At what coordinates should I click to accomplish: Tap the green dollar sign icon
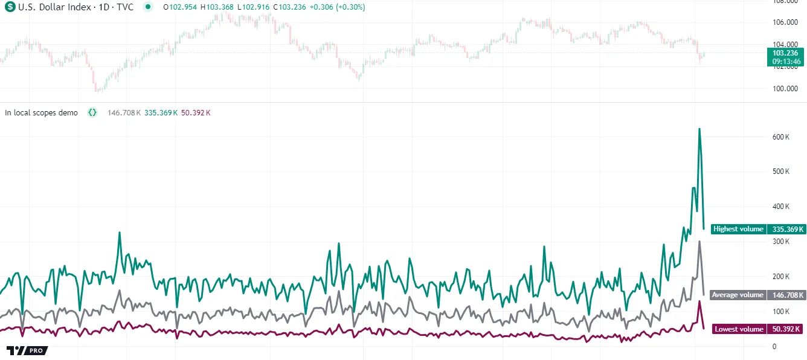10,7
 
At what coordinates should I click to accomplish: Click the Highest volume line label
738,229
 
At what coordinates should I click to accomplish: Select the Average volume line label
738,295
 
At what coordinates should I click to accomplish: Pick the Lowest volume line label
739,329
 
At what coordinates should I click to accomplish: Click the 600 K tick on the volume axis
781,137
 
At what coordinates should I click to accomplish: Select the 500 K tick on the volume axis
781,172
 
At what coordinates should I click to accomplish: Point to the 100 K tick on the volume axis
781,311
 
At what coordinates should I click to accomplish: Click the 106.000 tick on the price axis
785,22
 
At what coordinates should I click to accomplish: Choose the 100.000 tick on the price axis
785,89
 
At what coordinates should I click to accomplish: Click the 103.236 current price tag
786,53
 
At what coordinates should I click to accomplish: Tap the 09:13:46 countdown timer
786,61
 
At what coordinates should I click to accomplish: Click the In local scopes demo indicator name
41,112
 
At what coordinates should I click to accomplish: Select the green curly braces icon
92,112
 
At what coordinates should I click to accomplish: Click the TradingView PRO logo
27,350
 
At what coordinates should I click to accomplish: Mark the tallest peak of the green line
699,129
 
